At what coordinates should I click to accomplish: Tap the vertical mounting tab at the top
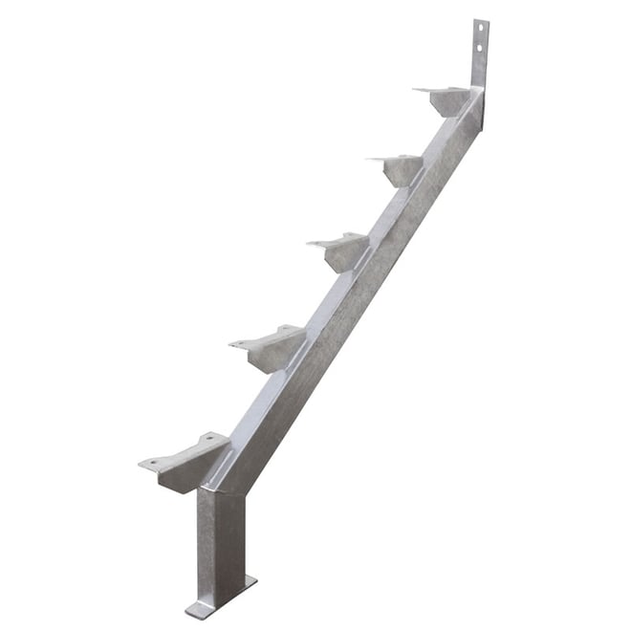click(x=480, y=53)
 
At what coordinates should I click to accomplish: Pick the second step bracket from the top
click(x=400, y=168)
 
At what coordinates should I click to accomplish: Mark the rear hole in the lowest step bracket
click(x=204, y=442)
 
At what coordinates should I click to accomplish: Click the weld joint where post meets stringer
click(x=225, y=488)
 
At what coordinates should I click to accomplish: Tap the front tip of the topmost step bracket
click(x=418, y=90)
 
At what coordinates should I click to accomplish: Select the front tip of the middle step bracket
click(x=311, y=244)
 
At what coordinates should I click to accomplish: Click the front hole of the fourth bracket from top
click(x=240, y=342)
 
